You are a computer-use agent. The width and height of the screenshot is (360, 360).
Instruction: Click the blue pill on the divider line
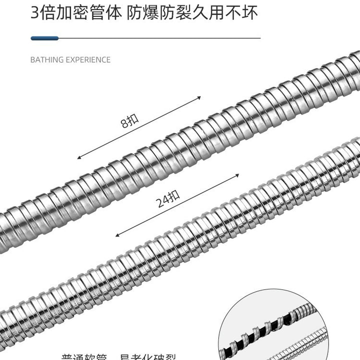[x=44, y=38]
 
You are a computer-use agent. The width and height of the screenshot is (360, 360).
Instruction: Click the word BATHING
[x=46, y=60]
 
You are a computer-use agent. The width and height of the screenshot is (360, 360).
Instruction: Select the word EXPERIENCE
[x=87, y=60]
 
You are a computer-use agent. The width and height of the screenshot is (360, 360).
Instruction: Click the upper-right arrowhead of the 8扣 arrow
[x=198, y=98]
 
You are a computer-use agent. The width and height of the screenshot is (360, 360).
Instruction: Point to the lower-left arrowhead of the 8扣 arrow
[x=79, y=158]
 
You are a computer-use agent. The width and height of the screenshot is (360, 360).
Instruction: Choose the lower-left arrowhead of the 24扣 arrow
[x=118, y=235]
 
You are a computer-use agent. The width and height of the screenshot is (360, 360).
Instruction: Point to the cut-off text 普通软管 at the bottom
[x=83, y=357]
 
